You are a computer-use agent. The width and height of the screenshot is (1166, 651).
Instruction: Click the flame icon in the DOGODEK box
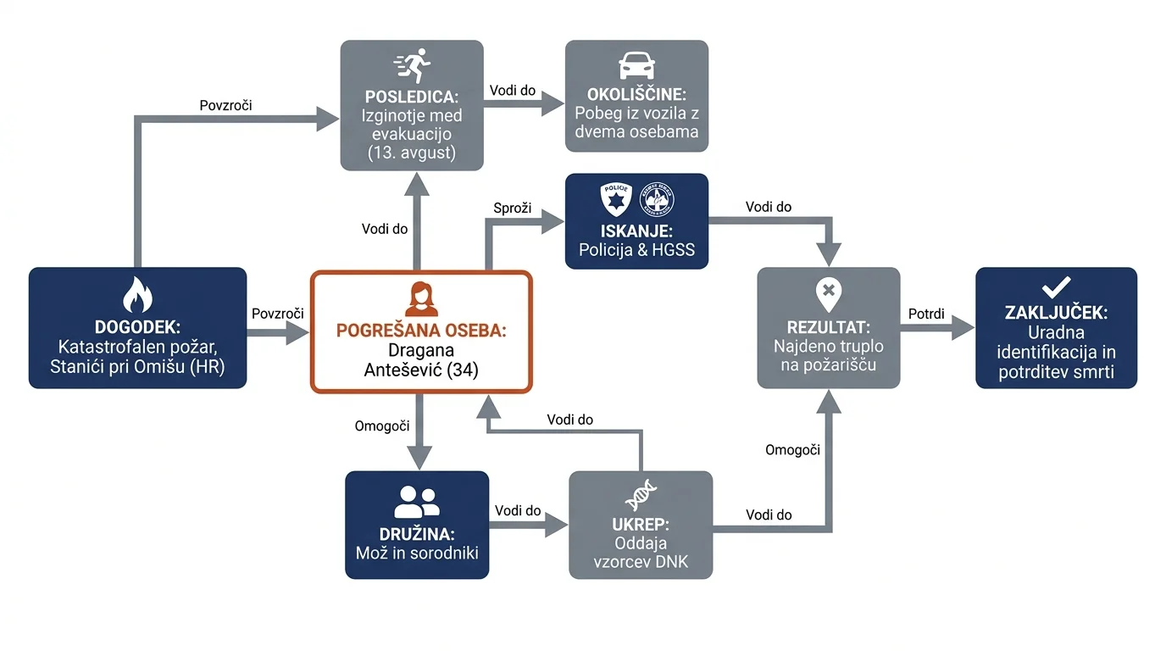pos(137,294)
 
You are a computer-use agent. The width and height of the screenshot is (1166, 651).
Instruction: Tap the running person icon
pos(413,65)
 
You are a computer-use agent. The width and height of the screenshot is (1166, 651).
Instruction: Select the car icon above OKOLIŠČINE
pos(636,65)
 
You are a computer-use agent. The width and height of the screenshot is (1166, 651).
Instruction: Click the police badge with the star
pos(616,199)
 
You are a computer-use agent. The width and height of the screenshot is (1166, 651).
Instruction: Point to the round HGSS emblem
pos(657,199)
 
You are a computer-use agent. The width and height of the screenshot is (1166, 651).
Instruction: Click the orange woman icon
pos(421,299)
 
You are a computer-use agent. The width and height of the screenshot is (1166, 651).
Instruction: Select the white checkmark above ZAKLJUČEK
pos(1056,287)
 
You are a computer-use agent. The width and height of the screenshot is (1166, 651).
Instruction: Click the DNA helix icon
pos(641,495)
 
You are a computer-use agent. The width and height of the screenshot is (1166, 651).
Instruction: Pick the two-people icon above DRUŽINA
pos(417,502)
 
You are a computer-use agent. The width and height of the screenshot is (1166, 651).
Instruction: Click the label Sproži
pos(512,209)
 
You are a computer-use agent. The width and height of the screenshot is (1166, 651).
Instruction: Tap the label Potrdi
pos(926,314)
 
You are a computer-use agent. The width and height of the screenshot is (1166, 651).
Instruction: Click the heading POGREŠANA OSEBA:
pos(421,331)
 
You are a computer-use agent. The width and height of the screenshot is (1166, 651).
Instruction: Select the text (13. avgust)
pos(412,153)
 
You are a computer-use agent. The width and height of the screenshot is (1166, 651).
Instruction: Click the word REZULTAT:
pos(828,327)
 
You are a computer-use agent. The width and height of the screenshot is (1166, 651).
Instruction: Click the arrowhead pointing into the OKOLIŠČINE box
pos(552,103)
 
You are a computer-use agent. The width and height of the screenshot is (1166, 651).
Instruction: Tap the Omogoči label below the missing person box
pos(382,426)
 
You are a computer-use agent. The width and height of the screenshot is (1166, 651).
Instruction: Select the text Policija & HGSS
pos(636,250)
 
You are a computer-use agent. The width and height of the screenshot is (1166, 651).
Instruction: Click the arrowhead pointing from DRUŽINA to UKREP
pos(557,525)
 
